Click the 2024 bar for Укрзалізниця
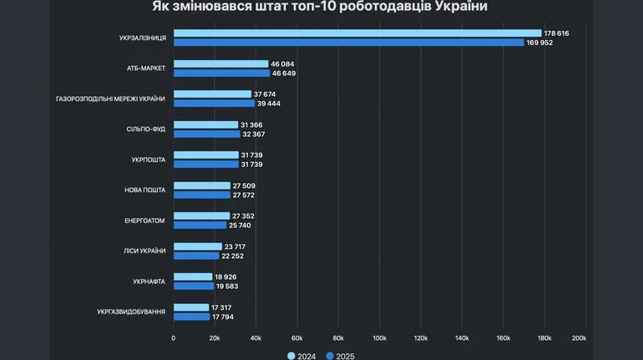[357, 33]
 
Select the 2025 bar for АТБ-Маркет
[222, 74]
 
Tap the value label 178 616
[557, 33]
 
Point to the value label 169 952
[539, 43]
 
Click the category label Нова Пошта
[144, 190]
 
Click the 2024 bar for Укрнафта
[193, 276]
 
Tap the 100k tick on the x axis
[379, 338]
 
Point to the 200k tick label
[579, 338]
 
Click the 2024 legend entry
[302, 356]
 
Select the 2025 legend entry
[341, 356]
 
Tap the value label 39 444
[270, 104]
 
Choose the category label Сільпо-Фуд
[146, 129]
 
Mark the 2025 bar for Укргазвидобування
[192, 317]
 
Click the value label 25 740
[240, 226]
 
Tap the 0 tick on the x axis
[173, 338]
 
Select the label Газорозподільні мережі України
[110, 99]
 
